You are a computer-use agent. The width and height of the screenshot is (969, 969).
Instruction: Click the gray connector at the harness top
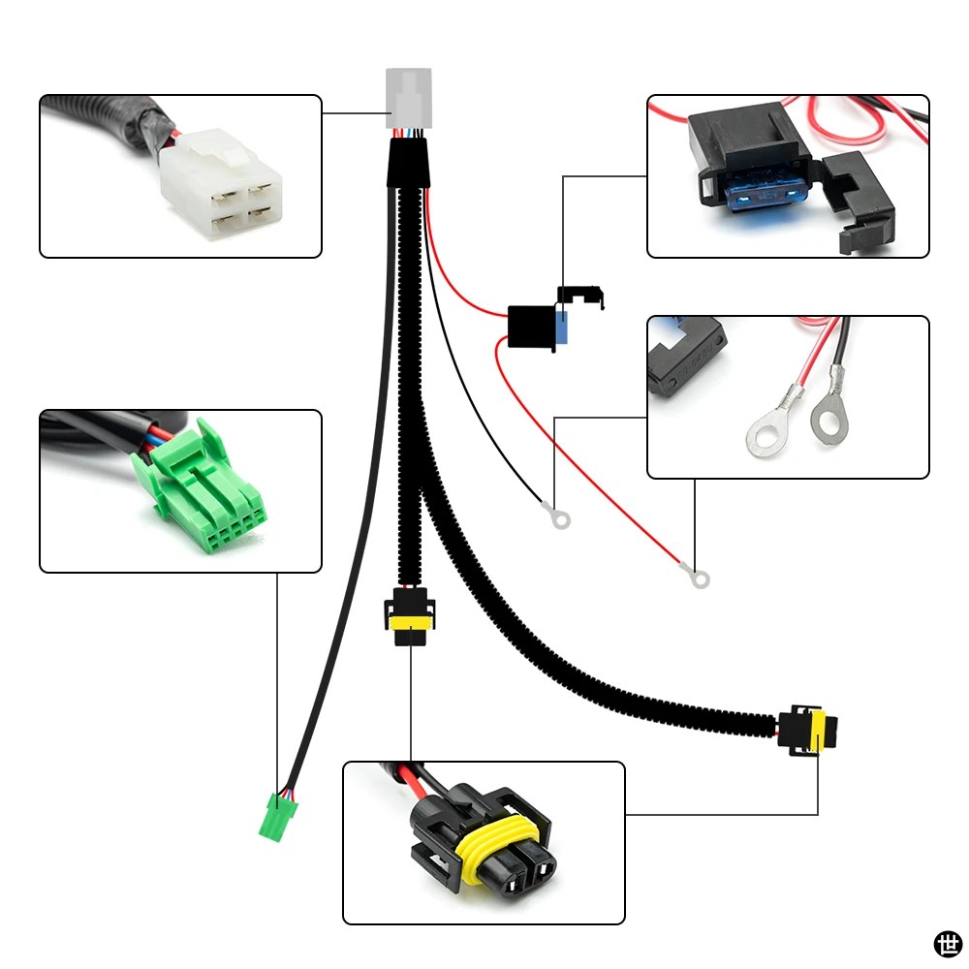(409, 98)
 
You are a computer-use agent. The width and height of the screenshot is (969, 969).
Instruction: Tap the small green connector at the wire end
(277, 817)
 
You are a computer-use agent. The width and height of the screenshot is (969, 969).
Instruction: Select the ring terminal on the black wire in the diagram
(557, 516)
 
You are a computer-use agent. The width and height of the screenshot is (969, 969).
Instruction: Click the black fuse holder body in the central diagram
(531, 327)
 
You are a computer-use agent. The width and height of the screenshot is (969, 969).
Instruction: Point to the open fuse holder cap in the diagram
(580, 297)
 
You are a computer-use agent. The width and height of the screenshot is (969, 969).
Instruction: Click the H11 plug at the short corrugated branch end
(409, 616)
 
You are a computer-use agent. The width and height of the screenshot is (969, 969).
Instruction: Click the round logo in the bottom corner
(948, 945)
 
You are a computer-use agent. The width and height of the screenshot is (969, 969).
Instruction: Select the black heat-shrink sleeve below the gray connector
(408, 163)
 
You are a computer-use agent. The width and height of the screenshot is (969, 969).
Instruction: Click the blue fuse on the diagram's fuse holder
(562, 327)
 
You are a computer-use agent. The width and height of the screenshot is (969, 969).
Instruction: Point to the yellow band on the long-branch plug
(818, 731)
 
